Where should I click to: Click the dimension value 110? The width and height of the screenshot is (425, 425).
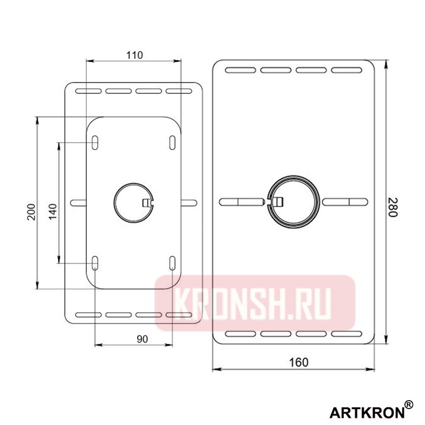[x=134, y=55]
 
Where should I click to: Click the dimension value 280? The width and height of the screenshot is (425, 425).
[x=392, y=209]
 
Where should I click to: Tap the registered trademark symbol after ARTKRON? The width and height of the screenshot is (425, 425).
[x=409, y=404]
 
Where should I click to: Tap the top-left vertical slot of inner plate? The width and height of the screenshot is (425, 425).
[x=96, y=141]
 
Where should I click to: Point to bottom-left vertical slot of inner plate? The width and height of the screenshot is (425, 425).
[x=96, y=263]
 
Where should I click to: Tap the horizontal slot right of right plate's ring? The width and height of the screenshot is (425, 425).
[x=345, y=201]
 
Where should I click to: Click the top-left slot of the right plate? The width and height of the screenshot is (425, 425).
[x=237, y=70]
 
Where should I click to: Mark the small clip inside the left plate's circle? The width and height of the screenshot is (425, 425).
[x=146, y=202]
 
